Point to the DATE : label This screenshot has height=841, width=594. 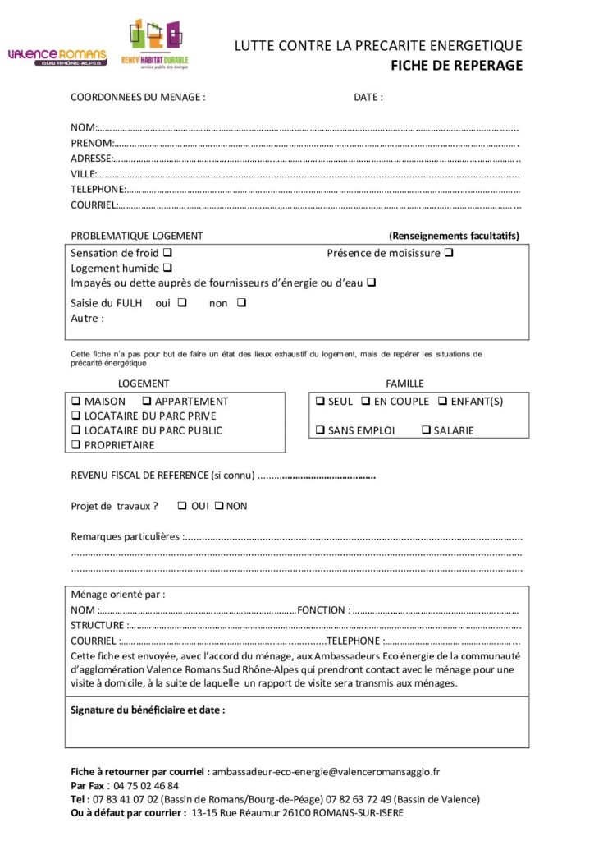[368, 98]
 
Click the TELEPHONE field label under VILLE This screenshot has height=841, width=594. [97, 189]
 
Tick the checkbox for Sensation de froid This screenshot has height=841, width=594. [167, 253]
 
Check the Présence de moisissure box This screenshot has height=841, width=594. [449, 253]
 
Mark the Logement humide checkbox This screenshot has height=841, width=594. [167, 268]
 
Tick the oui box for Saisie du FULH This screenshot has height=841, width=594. [182, 302]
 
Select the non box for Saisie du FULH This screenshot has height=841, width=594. [241, 302]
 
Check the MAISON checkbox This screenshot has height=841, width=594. [75, 402]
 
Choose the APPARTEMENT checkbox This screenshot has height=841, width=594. [147, 402]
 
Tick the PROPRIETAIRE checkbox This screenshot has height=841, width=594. [75, 445]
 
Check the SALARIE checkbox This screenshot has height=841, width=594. [427, 430]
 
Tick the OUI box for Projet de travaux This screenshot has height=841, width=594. [182, 506]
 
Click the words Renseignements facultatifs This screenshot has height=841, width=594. [454, 236]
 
